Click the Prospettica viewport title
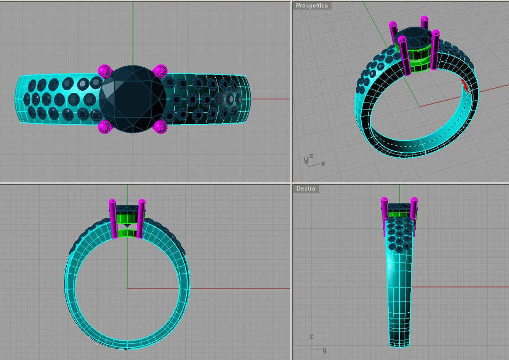point(312,6)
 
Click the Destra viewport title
point(305,189)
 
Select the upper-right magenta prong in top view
point(160,71)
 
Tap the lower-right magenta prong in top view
point(160,126)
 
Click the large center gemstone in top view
point(132,99)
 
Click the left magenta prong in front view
point(113,220)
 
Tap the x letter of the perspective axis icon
point(323,164)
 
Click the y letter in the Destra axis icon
point(324,350)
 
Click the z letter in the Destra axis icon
point(311,337)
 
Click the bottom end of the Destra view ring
point(399,344)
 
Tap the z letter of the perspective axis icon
point(311,156)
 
